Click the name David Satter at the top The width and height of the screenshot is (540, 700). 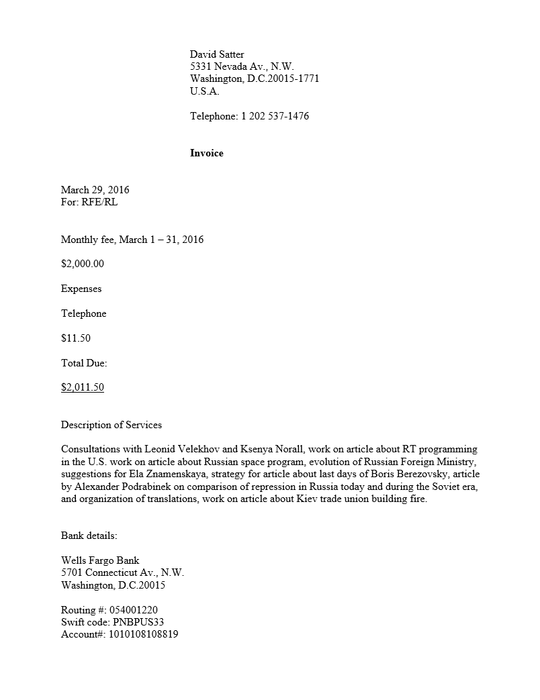coord(217,54)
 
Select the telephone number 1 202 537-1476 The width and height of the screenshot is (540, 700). coord(275,116)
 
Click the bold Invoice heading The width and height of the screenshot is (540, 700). coord(207,153)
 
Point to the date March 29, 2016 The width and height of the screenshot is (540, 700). coord(95,190)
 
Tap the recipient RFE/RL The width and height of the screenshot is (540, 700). coord(99,202)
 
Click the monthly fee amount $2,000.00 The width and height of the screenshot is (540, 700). coord(83,264)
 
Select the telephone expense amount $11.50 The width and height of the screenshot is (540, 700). coord(76,338)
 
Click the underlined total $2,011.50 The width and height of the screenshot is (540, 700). coord(83,387)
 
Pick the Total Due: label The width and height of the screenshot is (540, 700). coord(84,363)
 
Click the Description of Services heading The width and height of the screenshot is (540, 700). coord(111,425)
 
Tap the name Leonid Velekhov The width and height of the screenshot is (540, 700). coord(181,449)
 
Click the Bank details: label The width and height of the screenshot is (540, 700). coord(89,536)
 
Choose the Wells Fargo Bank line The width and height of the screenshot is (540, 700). coord(100,560)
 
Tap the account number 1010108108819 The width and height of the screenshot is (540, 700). coord(142,634)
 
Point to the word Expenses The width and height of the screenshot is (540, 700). coord(81,289)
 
